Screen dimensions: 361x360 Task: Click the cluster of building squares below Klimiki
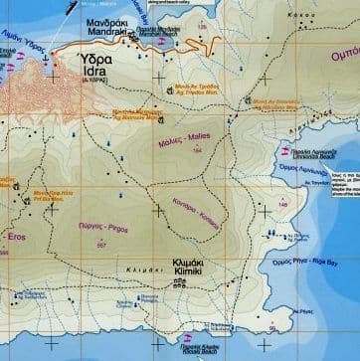180,282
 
